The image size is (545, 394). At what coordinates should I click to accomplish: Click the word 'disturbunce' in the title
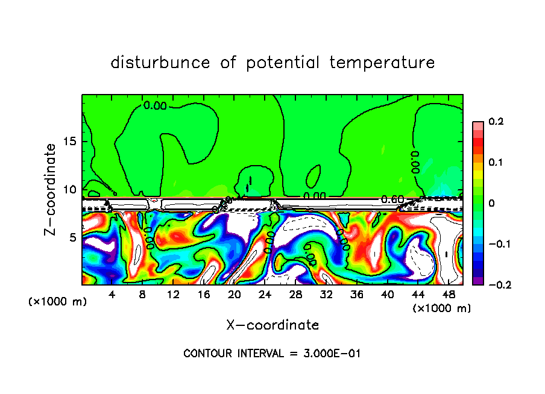click(160, 63)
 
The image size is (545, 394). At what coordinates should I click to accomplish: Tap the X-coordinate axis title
click(272, 325)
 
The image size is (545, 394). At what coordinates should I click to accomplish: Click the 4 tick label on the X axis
click(112, 294)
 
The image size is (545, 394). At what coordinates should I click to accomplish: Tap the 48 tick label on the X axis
click(448, 294)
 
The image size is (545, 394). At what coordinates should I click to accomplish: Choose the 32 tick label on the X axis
click(326, 294)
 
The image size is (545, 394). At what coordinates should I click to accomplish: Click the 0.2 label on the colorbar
click(496, 122)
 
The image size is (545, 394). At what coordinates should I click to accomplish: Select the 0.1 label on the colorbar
click(496, 163)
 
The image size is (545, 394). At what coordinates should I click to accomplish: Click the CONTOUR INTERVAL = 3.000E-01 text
click(272, 354)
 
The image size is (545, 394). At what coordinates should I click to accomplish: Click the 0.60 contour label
click(392, 200)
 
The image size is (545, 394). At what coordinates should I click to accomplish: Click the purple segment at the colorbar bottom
click(477, 281)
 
